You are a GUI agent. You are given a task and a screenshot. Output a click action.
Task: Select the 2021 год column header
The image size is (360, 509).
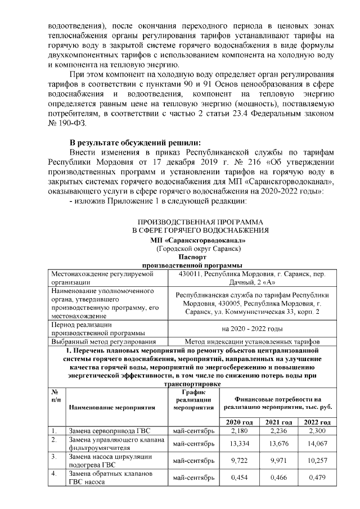[279, 422]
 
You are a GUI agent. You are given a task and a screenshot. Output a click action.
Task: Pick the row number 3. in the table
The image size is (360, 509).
[55, 457]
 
